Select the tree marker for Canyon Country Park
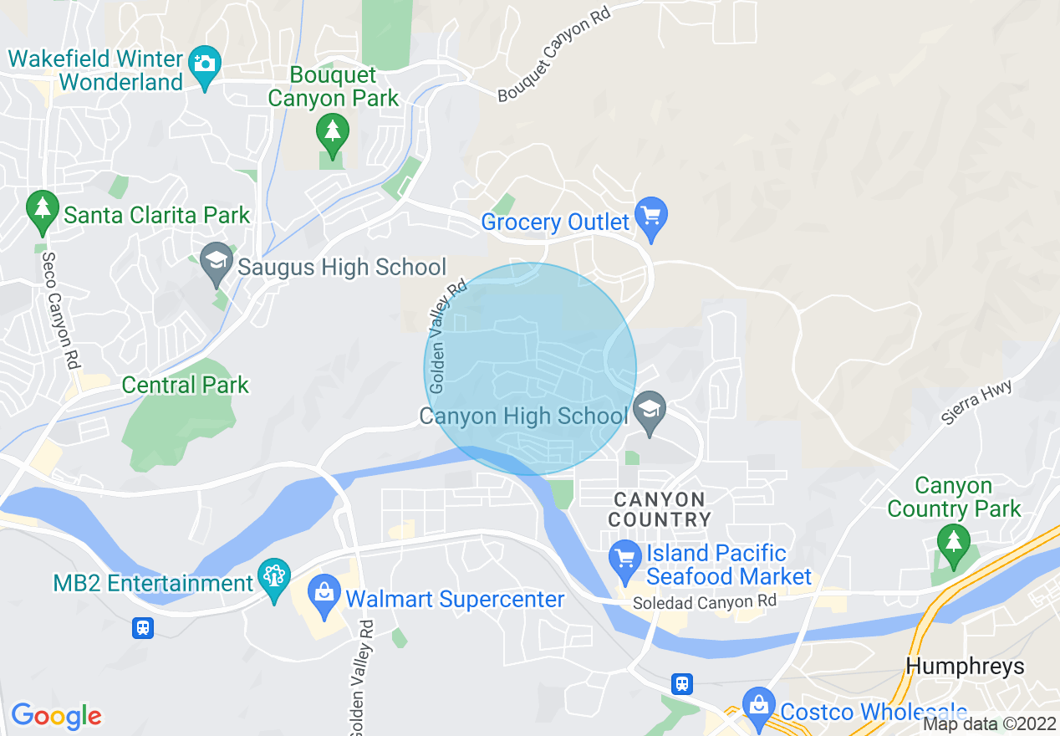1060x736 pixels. click(953, 542)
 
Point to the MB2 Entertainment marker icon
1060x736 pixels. click(274, 577)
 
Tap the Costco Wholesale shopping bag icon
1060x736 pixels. click(758, 705)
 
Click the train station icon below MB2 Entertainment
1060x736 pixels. click(143, 627)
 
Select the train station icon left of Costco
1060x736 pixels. click(682, 684)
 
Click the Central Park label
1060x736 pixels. click(185, 386)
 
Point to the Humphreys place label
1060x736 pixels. click(966, 667)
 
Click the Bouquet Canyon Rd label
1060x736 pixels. click(554, 53)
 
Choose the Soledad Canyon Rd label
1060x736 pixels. click(704, 602)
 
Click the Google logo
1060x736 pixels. click(56, 716)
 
